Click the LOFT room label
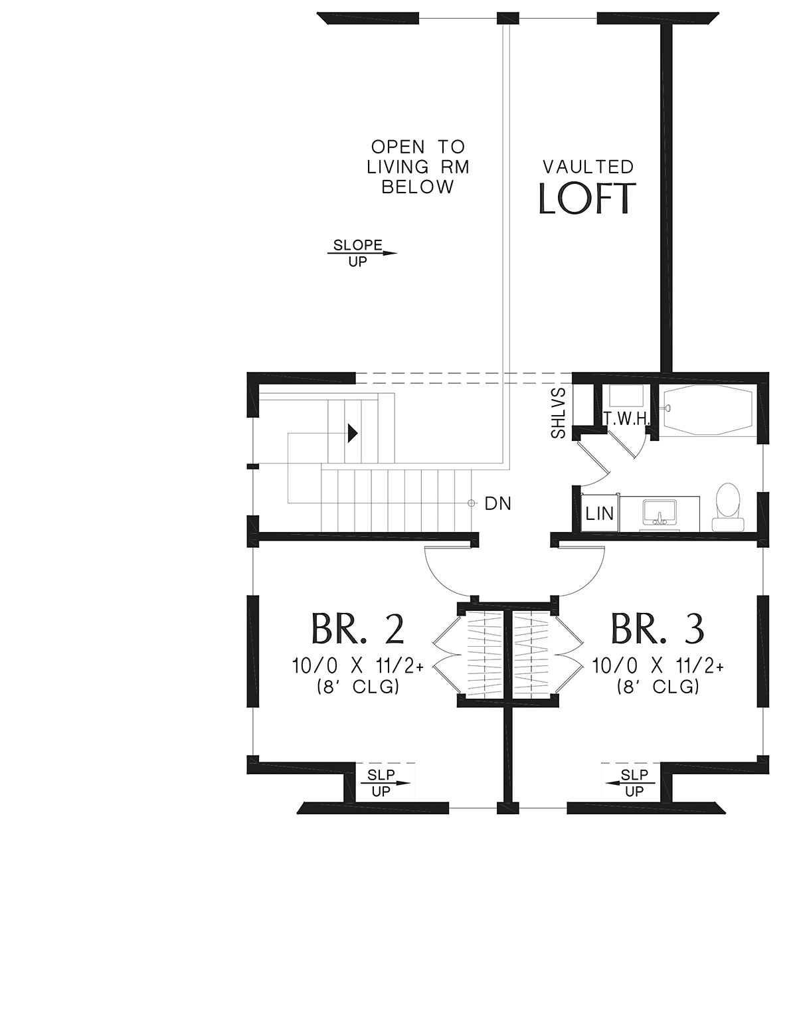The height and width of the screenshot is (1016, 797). (x=586, y=199)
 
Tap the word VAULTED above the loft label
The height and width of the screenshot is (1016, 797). (x=588, y=167)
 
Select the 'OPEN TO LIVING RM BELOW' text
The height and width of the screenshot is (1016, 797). (x=418, y=167)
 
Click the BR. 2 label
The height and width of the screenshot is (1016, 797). (x=357, y=629)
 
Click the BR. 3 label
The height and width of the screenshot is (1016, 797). (x=657, y=629)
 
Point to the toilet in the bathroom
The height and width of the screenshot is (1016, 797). (x=727, y=505)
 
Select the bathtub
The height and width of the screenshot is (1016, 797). (x=708, y=410)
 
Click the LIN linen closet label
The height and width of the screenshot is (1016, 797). (x=600, y=514)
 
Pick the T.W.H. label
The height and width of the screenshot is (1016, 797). (x=626, y=418)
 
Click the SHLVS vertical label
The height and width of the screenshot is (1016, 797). (x=559, y=413)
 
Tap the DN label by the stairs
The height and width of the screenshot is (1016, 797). (x=497, y=504)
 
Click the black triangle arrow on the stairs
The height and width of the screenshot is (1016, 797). (x=353, y=434)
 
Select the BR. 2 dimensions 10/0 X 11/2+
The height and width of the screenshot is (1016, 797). (x=357, y=665)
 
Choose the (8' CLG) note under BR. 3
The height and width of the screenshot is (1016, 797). (x=658, y=687)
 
